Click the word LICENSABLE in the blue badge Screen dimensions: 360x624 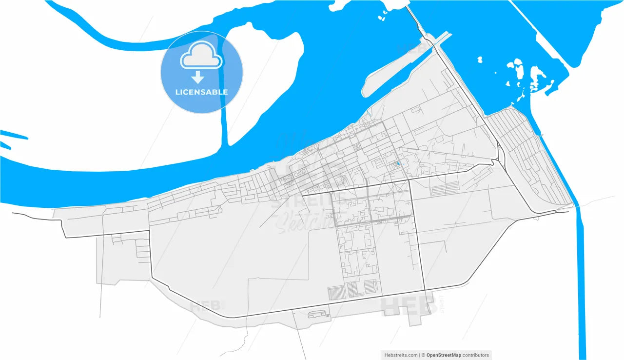(x=201, y=92)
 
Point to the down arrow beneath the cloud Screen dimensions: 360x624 (x=198, y=77)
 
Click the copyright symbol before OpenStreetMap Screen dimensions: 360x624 (x=423, y=355)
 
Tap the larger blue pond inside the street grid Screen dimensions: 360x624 (x=398, y=164)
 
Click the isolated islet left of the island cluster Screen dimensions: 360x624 (x=479, y=60)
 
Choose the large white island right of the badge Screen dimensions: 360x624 (x=263, y=73)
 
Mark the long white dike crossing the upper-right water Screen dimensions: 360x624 (x=541, y=34)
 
